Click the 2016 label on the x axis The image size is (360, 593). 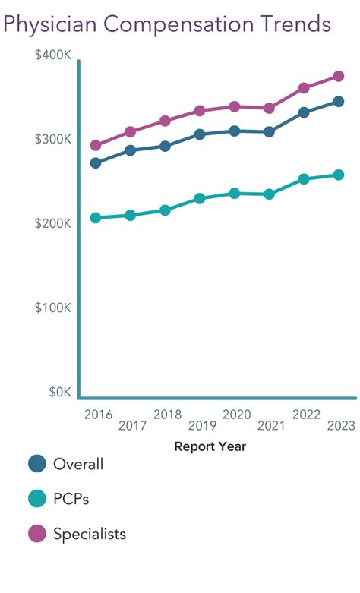98,414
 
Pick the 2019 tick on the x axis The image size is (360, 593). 202,425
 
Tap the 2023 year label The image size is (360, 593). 341,425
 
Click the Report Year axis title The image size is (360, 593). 210,446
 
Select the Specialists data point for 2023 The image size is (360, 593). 339,77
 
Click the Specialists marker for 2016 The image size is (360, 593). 96,145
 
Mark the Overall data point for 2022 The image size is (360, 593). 304,112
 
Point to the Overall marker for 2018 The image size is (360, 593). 165,146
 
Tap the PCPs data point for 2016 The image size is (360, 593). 96,218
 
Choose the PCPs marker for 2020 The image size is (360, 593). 235,194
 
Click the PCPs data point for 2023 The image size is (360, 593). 339,175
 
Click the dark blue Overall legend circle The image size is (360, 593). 36,464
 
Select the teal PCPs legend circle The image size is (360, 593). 36,499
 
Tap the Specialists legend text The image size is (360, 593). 90,534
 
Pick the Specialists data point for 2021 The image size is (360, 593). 269,108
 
